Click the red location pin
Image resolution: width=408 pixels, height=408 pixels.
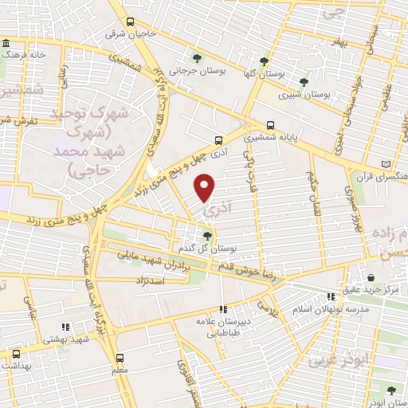tap(206, 187)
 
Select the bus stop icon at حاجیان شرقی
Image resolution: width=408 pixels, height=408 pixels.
tap(130, 22)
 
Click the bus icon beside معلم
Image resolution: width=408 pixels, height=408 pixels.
tap(120, 358)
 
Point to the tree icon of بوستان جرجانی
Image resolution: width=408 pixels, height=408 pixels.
tap(198, 57)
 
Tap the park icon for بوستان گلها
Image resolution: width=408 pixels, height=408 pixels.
tap(264, 61)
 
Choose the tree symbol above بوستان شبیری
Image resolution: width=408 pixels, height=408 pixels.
tap(303, 81)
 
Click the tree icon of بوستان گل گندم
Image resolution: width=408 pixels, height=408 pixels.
tap(207, 235)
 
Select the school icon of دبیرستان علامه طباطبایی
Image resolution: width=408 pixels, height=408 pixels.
tap(224, 308)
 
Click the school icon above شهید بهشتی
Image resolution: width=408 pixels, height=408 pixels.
tap(65, 327)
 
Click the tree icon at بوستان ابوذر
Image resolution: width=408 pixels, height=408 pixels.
tap(390, 390)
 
